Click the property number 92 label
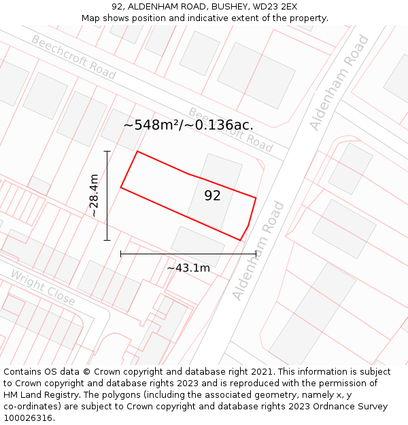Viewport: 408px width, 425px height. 212,196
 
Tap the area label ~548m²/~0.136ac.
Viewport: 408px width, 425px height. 188,125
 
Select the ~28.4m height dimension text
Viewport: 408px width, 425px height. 94,196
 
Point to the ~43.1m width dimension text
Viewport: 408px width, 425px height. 188,268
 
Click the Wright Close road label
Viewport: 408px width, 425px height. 42,287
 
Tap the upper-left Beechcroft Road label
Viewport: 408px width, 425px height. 73,58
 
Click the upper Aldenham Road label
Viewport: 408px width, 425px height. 339,83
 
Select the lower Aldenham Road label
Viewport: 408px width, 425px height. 258,250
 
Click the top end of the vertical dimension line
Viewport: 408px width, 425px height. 107,151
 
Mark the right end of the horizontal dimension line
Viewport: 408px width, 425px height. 256,254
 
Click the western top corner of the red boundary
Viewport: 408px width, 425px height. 137,152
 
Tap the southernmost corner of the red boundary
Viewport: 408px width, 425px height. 240,240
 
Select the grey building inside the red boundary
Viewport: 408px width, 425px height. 215,191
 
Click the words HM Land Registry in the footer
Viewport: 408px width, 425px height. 37,395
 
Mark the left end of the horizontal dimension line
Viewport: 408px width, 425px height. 121,254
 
